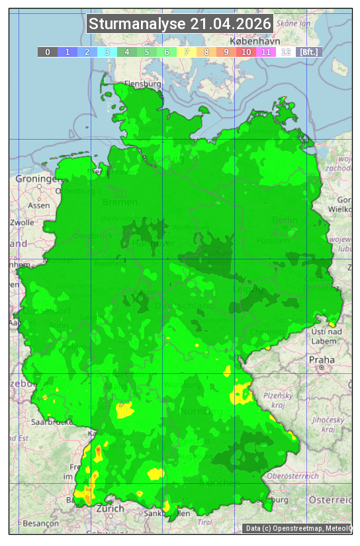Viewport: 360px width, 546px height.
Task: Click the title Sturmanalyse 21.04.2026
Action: click(179, 24)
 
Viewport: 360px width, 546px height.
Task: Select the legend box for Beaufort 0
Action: click(48, 52)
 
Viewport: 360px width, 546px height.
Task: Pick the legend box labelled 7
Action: click(187, 52)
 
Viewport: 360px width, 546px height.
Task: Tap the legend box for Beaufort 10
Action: click(246, 52)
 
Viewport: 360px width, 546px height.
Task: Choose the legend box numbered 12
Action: click(286, 52)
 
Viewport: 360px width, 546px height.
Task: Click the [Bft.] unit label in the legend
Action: click(308, 52)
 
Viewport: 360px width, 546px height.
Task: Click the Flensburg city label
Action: click(143, 84)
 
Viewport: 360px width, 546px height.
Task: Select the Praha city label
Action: click(321, 359)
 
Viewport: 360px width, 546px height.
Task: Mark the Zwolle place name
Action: click(22, 222)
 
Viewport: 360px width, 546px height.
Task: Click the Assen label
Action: click(39, 205)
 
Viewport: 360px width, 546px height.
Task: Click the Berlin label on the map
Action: click(285, 220)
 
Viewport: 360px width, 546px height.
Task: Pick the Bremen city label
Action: click(120, 202)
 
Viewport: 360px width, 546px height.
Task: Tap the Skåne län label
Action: click(294, 23)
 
